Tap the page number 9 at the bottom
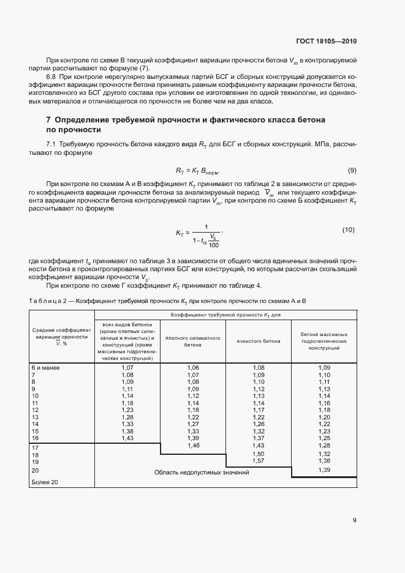coord(354,521)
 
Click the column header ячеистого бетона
coord(258,342)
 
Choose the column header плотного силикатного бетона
coord(193,342)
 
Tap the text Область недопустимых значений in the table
coord(193,473)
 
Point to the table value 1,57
coord(258,460)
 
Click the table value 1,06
coord(193,367)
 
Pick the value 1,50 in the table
coord(258,454)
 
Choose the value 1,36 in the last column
coord(324,460)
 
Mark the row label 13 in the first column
coord(35,417)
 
